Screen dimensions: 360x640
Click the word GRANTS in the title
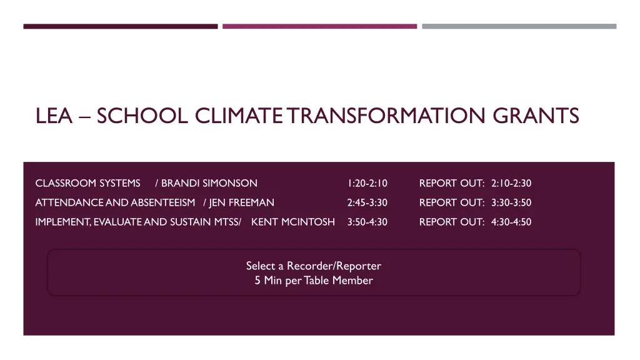(536, 116)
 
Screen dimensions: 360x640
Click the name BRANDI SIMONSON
(209, 183)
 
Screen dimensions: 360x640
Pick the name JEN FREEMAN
(241, 202)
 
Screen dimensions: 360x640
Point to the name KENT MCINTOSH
(292, 222)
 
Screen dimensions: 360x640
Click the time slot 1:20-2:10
(367, 183)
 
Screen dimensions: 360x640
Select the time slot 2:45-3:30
(367, 202)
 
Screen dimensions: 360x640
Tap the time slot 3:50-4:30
(367, 222)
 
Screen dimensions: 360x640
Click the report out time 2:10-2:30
(511, 183)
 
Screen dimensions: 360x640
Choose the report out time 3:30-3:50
(511, 202)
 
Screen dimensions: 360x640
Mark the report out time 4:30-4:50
(511, 222)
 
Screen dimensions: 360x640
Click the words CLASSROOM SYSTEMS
(87, 183)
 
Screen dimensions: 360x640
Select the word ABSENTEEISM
(162, 202)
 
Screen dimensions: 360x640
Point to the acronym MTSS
(226, 222)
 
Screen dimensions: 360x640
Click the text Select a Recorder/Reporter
(314, 266)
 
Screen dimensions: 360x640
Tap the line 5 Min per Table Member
(314, 281)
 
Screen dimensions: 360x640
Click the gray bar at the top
(519, 26)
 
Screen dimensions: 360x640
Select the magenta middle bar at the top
(319, 26)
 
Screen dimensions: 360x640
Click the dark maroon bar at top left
(121, 26)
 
